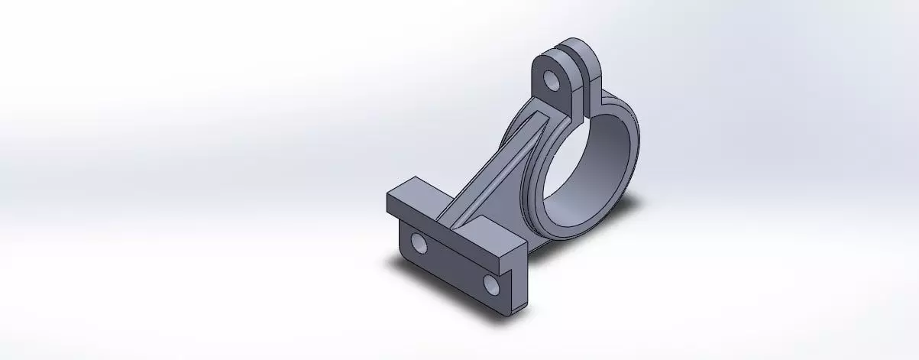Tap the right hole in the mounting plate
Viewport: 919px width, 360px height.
[491, 284]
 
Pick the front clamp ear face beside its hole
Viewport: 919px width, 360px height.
[563, 92]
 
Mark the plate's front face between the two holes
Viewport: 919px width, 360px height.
[455, 266]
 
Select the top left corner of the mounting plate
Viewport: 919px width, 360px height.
[390, 195]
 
